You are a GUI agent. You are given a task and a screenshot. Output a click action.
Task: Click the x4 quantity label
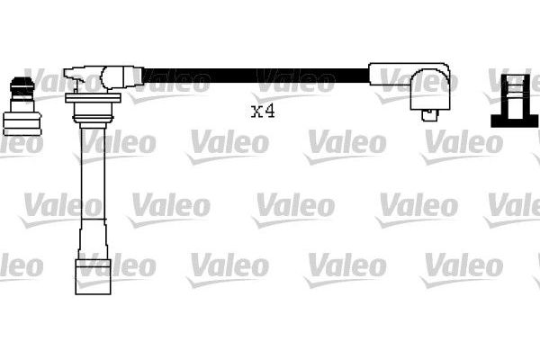pos(262,112)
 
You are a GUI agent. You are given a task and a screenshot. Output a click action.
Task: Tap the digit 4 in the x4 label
pos(267,112)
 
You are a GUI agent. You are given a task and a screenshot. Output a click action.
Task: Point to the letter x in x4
pos(256,112)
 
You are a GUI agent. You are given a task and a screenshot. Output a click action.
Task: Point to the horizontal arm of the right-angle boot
pos(396,72)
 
